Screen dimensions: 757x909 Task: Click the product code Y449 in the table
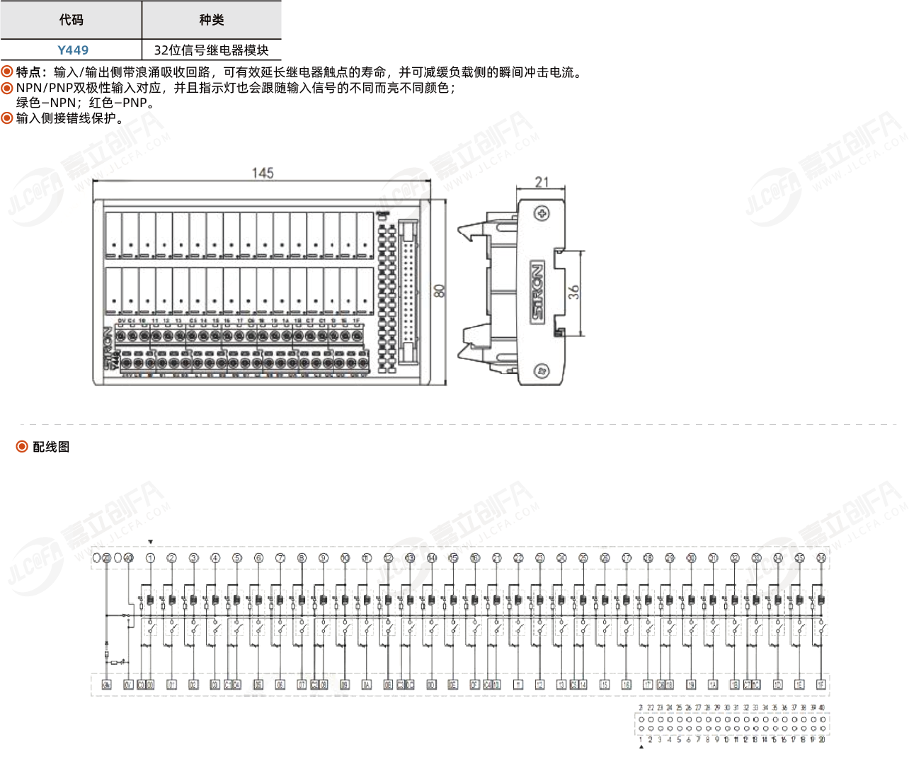pos(73,50)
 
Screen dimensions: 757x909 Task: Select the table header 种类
pos(211,20)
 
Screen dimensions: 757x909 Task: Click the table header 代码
pos(71,20)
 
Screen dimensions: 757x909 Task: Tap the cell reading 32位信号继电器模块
pos(211,50)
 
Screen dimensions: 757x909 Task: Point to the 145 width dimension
pos(263,173)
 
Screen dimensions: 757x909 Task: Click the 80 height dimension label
pos(440,291)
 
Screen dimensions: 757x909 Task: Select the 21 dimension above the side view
pos(542,182)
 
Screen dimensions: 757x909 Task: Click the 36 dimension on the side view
pos(573,291)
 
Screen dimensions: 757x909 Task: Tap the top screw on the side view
pos(542,213)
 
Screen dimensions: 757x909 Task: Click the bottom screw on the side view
pos(542,370)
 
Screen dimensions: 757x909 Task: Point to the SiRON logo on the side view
pos(538,291)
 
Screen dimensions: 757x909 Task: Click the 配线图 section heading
pos(51,447)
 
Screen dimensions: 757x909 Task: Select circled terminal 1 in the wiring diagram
pos(150,558)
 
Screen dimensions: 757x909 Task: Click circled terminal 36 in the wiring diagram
pos(821,558)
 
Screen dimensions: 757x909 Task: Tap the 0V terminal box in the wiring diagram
pos(128,685)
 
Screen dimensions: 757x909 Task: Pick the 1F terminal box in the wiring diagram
pos(821,685)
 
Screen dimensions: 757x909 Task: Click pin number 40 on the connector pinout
pos(822,707)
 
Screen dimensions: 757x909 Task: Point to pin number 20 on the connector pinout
pos(822,740)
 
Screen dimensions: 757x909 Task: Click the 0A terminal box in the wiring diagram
pos(366,685)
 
